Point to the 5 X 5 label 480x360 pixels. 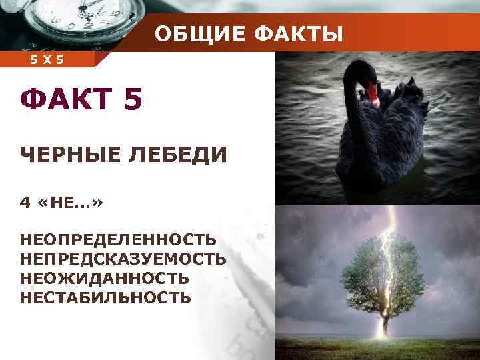tap(47, 61)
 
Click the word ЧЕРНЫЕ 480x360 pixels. tap(67, 155)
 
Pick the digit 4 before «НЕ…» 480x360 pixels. tap(25, 203)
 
